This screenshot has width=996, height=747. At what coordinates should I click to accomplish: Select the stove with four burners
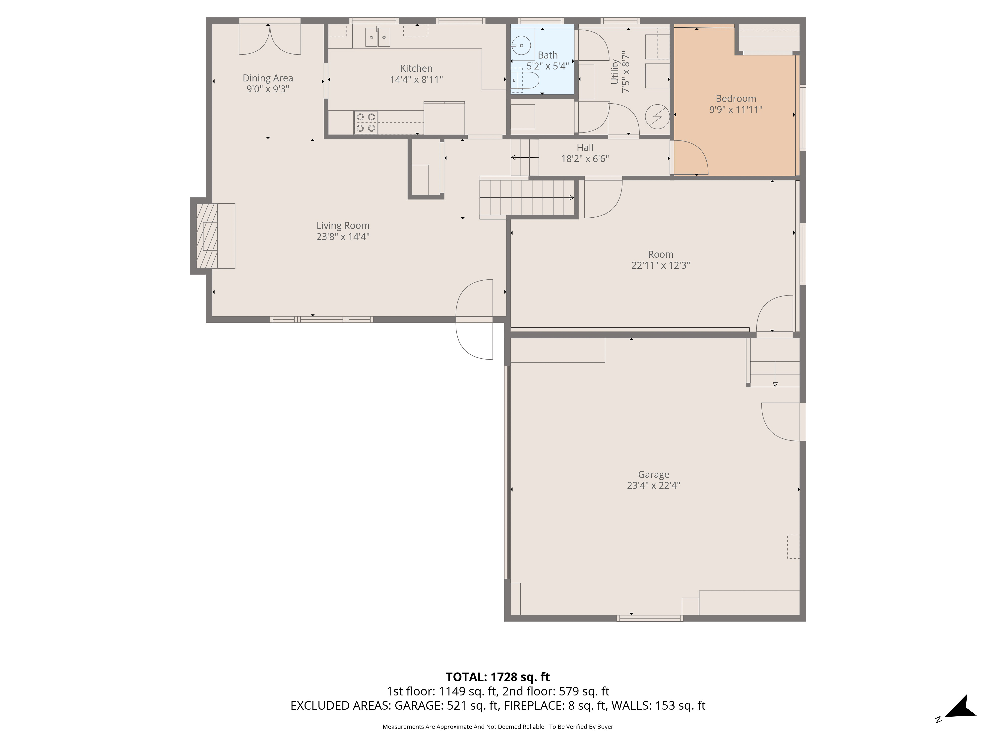tap(366, 123)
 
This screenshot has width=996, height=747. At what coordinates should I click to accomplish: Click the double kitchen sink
tap(377, 37)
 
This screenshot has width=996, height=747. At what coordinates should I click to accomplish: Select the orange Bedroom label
tap(736, 99)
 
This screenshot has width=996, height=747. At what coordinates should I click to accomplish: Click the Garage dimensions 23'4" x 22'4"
tap(653, 485)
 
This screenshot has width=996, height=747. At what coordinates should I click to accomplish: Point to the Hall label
tap(585, 148)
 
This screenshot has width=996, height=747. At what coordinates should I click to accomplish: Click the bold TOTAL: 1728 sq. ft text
tap(498, 677)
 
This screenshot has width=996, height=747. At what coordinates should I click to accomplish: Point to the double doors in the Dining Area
tap(269, 40)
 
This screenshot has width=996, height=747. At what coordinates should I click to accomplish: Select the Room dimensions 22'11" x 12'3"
tap(661, 266)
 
